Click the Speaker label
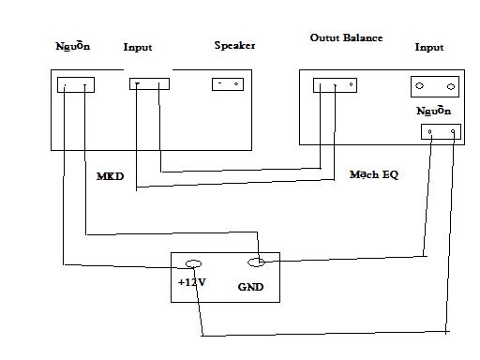(234, 46)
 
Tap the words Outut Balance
(346, 37)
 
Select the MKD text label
(110, 176)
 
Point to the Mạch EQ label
(374, 174)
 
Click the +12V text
(192, 282)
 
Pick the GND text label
(250, 287)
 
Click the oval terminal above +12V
(193, 264)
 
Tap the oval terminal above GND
(256, 262)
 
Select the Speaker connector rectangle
(228, 84)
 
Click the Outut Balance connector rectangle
(335, 85)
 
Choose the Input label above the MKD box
(138, 47)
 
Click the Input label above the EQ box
(429, 47)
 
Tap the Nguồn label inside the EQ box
(434, 111)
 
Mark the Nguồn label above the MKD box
(73, 46)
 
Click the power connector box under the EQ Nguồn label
(441, 131)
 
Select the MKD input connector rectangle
(149, 83)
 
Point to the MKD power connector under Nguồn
(76, 84)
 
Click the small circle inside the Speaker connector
(236, 83)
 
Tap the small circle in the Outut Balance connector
(352, 84)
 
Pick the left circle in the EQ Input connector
(419, 85)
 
